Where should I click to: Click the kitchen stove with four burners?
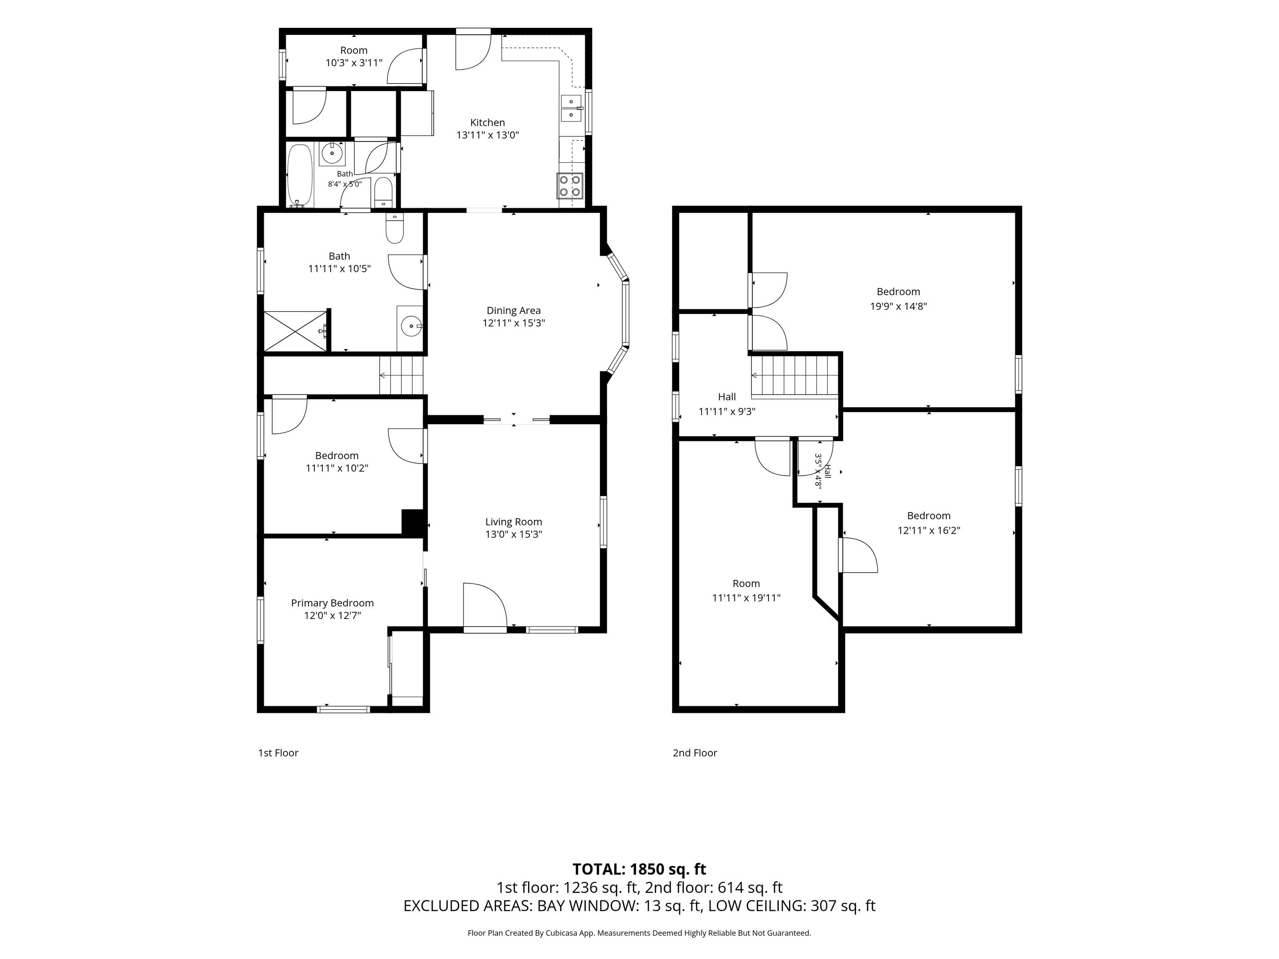click(570, 186)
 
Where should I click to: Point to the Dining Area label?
click(513, 311)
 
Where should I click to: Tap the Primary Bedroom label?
click(333, 603)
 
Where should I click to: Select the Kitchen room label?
click(488, 122)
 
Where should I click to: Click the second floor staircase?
click(794, 377)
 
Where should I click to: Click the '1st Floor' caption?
click(278, 753)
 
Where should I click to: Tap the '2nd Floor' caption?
click(694, 753)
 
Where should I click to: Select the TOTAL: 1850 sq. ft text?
click(639, 869)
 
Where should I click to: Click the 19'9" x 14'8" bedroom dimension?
click(898, 306)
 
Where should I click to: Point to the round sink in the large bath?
click(411, 327)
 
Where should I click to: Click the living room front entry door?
click(485, 607)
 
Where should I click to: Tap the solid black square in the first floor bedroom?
click(413, 522)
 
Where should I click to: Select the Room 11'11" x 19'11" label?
click(746, 591)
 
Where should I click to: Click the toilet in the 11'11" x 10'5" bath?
click(395, 229)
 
